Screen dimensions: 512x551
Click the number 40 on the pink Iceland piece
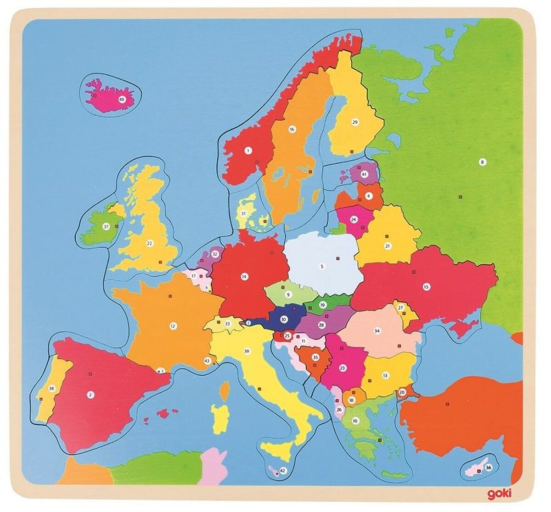122,99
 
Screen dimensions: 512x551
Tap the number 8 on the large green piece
482,161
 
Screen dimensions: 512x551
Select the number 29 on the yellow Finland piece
354,122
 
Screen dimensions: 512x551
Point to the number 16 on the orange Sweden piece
291,129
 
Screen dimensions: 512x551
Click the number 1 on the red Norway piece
248,150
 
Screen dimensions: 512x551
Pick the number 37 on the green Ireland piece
106,227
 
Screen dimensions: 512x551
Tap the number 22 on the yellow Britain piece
149,243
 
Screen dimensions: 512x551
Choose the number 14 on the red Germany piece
244,277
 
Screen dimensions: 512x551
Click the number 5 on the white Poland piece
322,266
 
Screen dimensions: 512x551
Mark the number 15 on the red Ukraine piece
426,287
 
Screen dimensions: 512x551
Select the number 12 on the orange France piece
173,327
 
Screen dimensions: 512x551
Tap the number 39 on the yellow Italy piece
247,351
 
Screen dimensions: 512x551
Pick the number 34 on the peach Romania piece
377,330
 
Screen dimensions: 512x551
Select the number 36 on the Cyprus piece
489,468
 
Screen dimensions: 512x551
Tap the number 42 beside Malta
283,471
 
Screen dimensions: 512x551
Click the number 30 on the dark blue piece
284,320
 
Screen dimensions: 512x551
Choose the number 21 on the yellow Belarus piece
388,246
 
